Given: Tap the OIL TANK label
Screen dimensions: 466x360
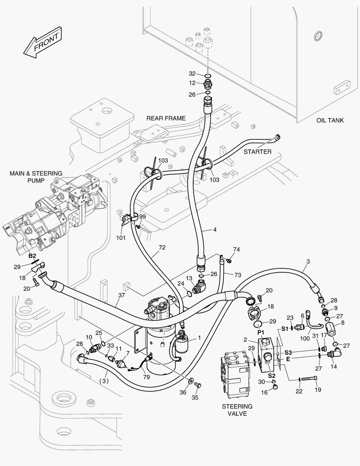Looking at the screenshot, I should tap(329, 120).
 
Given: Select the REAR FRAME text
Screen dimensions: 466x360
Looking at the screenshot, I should tap(166, 118).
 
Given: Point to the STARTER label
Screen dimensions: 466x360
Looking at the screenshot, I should tap(257, 151).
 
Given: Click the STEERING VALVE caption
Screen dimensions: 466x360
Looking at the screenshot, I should tap(237, 410).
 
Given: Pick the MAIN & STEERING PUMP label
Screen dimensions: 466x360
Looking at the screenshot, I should tap(36, 177).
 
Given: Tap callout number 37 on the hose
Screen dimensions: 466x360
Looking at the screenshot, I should tap(121, 295).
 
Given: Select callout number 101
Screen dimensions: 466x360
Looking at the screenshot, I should tap(121, 237).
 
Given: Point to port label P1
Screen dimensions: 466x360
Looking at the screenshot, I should tap(260, 333).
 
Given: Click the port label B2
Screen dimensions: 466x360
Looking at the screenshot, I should tap(32, 256).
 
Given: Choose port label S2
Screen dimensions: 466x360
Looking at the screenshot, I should tap(271, 375).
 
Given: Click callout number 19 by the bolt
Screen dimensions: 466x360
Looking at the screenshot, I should tap(318, 390).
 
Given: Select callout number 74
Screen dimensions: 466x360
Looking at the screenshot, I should tap(236, 249).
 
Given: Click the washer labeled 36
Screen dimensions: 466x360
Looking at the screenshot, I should tap(190, 381).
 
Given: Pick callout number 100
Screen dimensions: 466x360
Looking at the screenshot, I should tap(305, 339).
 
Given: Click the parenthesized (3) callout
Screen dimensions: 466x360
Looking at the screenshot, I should tap(103, 381).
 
